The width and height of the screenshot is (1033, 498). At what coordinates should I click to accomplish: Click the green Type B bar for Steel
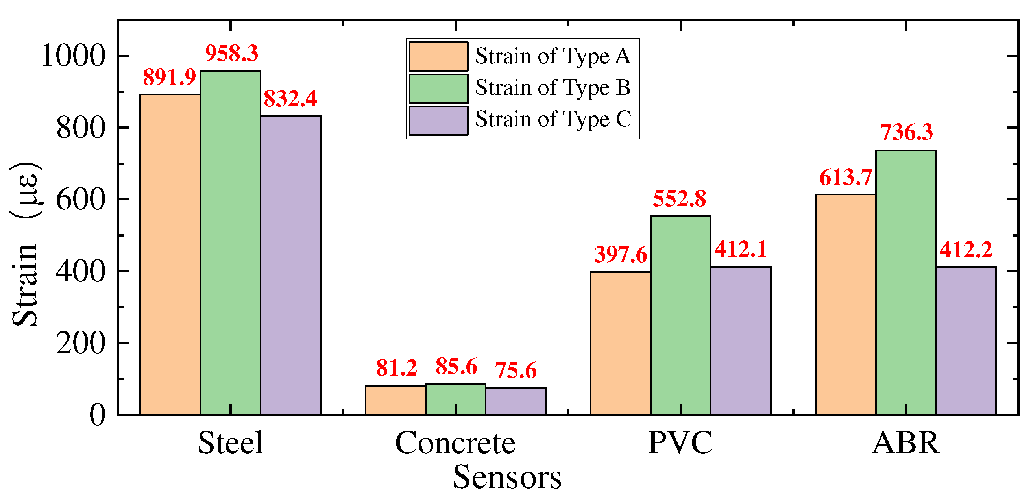point(230,243)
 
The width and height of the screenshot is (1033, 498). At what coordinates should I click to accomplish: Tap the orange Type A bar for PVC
point(620,343)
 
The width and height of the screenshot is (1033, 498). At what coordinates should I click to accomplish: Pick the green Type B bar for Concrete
point(455,399)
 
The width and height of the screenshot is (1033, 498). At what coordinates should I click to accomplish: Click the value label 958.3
point(231,54)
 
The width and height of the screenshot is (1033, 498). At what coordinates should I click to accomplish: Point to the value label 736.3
point(906,132)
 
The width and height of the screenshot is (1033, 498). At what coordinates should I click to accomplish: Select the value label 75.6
point(515,370)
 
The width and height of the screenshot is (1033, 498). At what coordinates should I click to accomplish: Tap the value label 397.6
point(620,254)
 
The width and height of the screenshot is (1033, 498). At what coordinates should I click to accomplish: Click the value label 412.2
point(966,250)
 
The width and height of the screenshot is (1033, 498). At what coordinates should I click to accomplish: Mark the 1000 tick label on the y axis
point(73,56)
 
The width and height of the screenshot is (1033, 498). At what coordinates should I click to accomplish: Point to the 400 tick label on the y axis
point(80,271)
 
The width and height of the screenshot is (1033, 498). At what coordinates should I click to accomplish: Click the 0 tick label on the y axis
point(97,415)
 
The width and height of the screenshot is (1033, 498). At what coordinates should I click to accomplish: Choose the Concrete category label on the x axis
point(455,443)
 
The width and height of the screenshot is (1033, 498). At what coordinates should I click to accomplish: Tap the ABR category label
point(905,443)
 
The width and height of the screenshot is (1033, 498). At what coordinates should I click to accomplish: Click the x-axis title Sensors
point(507,478)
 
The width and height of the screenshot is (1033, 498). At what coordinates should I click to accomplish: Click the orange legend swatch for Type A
point(438,57)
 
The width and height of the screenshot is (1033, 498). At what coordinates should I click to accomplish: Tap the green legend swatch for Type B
point(438,88)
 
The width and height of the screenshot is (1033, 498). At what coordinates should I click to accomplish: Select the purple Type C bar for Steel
point(290,265)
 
